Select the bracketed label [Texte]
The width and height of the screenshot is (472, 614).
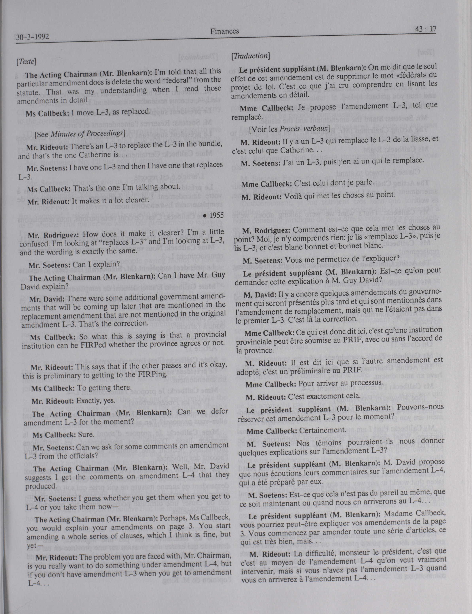[26, 62]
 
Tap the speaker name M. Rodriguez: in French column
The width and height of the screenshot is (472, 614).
[264, 231]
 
